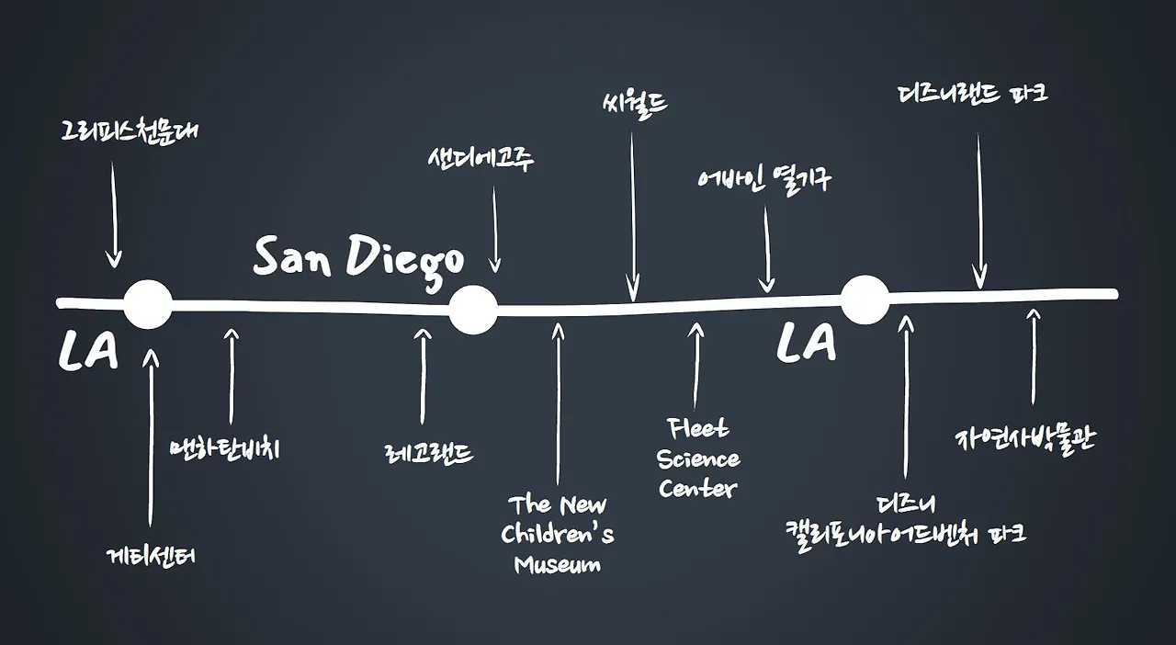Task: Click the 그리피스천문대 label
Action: (129, 131)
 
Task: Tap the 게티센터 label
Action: (151, 556)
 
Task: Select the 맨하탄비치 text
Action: (225, 449)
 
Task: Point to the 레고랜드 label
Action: (429, 453)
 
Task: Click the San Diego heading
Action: (358, 258)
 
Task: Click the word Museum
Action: (558, 564)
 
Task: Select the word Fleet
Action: (699, 428)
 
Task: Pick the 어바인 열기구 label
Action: (763, 178)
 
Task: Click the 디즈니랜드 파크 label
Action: (973, 94)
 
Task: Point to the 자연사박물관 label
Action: (1025, 440)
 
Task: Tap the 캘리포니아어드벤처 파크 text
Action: (905, 533)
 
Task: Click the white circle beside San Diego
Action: (473, 309)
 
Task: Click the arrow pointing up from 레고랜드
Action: (423, 377)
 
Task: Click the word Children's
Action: (558, 535)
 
